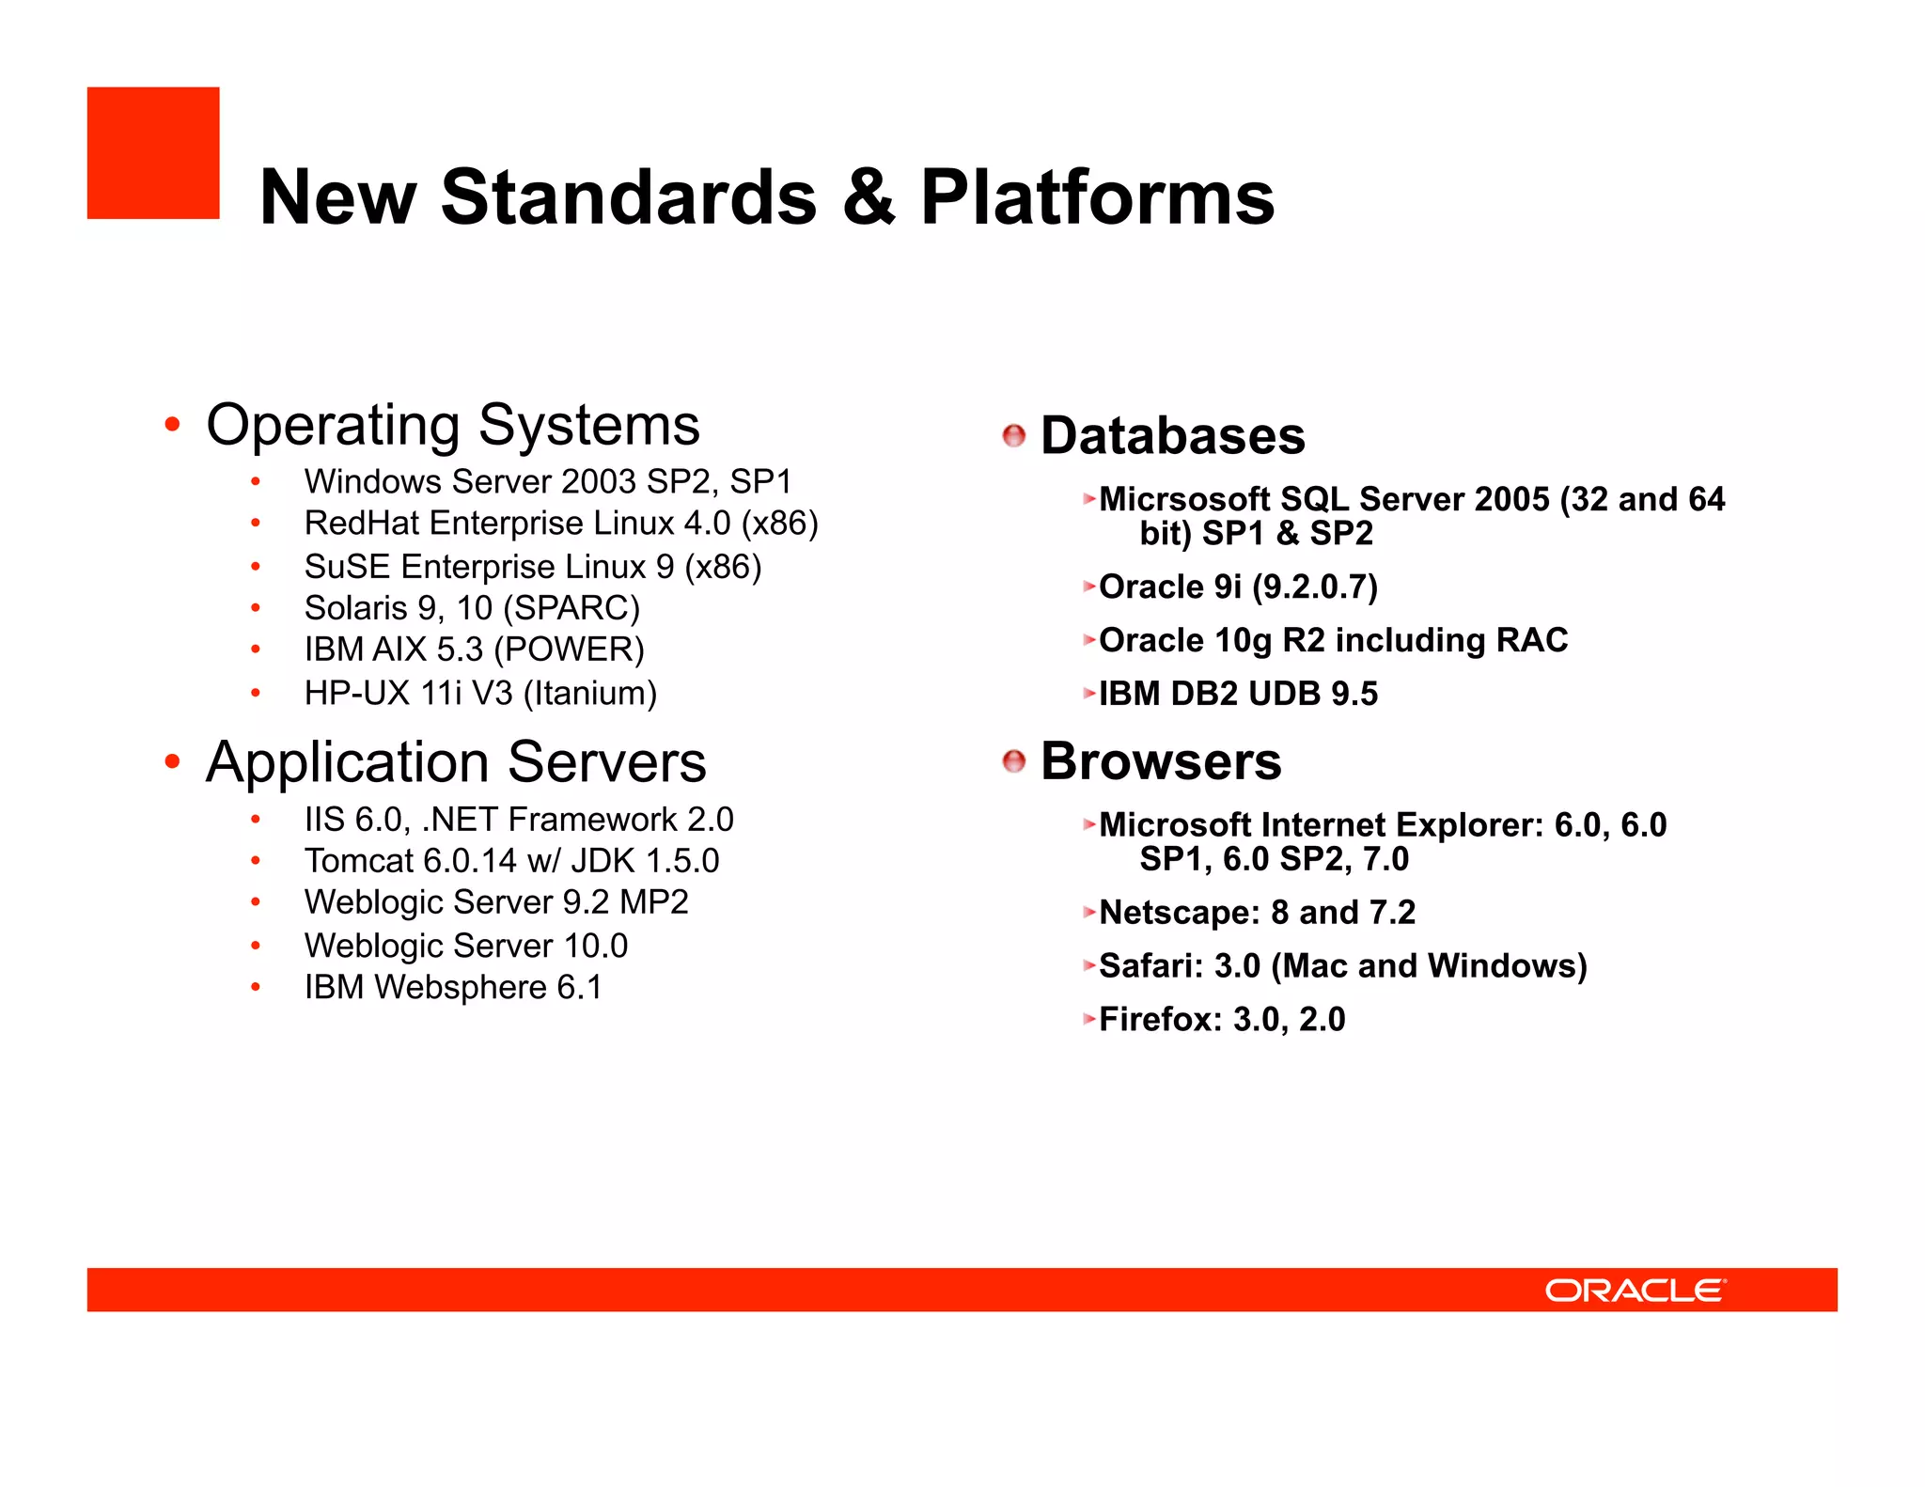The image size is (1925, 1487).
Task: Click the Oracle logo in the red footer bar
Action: pos(1635,1290)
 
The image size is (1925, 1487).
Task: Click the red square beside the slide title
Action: pos(153,153)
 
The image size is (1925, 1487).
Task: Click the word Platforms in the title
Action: pos(1096,197)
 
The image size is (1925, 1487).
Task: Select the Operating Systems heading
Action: pos(453,425)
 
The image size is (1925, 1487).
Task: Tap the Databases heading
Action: pos(1172,436)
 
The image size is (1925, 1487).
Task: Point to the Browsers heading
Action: pos(1160,761)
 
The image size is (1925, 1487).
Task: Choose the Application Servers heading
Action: pos(456,761)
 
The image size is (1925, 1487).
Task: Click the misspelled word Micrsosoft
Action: pos(1184,499)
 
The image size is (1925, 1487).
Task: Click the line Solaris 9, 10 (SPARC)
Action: pos(472,608)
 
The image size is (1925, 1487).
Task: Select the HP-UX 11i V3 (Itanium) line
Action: pos(480,694)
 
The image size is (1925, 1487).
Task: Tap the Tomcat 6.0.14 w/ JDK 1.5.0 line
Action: pos(511,861)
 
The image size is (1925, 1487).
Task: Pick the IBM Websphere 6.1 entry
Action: pos(453,987)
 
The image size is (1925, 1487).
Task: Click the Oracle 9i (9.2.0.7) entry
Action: pos(1238,587)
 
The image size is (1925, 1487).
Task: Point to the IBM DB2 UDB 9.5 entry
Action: pos(1238,694)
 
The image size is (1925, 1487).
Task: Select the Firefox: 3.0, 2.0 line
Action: pos(1222,1019)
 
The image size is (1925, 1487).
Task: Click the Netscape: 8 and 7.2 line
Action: pos(1257,912)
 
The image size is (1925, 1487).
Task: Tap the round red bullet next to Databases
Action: pos(1013,436)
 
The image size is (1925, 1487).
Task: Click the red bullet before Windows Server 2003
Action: pos(255,482)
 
